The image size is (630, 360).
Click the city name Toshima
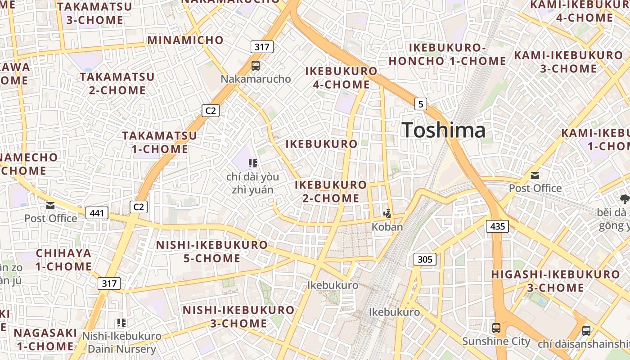pyautogui.click(x=444, y=130)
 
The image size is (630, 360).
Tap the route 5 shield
pyautogui.click(x=420, y=104)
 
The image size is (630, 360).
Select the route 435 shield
pyautogui.click(x=497, y=226)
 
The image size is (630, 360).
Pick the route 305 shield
pyautogui.click(x=425, y=259)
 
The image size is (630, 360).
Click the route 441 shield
pyautogui.click(x=97, y=213)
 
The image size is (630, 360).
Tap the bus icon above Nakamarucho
pyautogui.click(x=256, y=66)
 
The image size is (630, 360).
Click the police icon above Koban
pyautogui.click(x=387, y=213)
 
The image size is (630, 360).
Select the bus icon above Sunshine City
pyautogui.click(x=496, y=328)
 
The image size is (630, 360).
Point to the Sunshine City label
pyautogui.click(x=496, y=341)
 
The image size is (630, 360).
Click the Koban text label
pyautogui.click(x=387, y=227)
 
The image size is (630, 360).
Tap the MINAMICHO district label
pyautogui.click(x=185, y=40)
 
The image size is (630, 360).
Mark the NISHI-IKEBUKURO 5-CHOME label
pyautogui.click(x=211, y=252)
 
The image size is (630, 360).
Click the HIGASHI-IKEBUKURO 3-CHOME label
pyautogui.click(x=555, y=281)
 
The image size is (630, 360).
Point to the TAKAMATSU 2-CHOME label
pyautogui.click(x=117, y=83)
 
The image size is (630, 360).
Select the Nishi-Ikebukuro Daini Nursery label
pyautogui.click(x=121, y=342)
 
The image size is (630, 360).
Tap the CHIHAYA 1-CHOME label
pyautogui.click(x=63, y=260)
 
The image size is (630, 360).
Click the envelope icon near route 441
pyautogui.click(x=50, y=206)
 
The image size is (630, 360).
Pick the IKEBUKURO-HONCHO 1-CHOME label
pyautogui.click(x=447, y=54)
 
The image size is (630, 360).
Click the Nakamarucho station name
pyautogui.click(x=256, y=79)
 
